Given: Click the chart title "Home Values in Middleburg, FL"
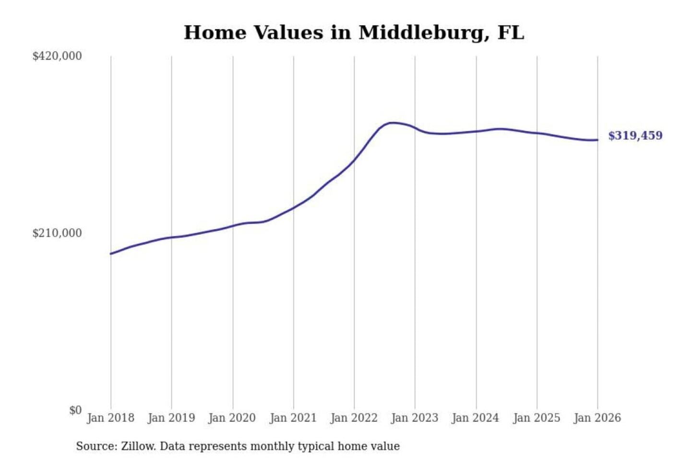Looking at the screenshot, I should tap(354, 33).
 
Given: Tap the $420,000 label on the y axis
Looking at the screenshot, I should tap(57, 56).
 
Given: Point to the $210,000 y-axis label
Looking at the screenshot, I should tap(57, 233).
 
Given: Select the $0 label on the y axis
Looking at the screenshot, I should tap(75, 410).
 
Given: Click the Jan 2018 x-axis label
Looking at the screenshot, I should tap(110, 418).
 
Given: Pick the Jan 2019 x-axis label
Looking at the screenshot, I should tap(171, 418).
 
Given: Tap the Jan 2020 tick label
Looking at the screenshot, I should tap(232, 418).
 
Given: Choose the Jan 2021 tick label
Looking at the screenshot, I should tap(293, 418).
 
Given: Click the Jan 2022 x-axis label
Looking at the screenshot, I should tap(354, 418).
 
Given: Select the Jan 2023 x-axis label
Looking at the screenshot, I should tap(415, 418).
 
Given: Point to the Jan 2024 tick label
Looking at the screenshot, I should tap(476, 418).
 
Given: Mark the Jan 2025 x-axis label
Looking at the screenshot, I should tap(536, 418).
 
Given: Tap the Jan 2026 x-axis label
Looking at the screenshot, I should tap(597, 418).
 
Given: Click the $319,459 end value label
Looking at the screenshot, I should tap(635, 136).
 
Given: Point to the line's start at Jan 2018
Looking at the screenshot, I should tap(111, 253).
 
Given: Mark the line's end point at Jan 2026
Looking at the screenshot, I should tap(597, 140).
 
